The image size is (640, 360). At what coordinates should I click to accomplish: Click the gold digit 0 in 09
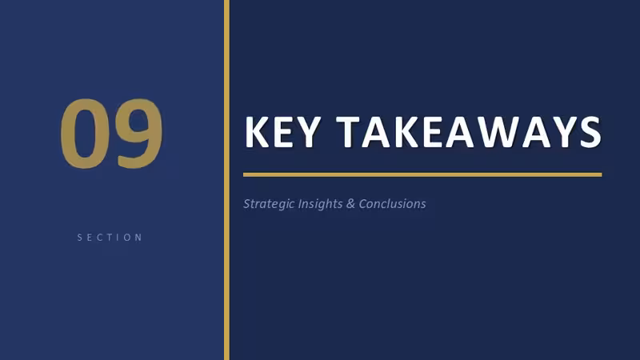86,134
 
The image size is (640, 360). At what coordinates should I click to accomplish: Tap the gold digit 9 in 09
138,134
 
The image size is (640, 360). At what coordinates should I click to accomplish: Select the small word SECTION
110,238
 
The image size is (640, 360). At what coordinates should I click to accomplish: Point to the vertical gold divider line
226,180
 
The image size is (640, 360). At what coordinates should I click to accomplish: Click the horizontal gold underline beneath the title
422,174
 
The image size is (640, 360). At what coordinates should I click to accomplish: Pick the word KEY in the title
282,132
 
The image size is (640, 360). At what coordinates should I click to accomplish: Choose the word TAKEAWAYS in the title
469,132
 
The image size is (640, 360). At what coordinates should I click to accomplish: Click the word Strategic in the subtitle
269,204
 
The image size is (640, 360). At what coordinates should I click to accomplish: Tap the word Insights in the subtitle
321,204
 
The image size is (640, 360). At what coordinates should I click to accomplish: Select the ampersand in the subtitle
350,204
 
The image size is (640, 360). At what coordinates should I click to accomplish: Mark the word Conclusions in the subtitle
392,204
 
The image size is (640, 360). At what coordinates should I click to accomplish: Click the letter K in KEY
257,132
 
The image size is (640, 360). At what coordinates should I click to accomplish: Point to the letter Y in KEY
307,132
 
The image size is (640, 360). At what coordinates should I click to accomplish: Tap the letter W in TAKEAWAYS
499,132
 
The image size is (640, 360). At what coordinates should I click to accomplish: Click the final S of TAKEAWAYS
590,132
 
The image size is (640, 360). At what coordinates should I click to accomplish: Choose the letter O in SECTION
128,238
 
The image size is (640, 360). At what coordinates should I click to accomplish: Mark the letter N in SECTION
138,238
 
